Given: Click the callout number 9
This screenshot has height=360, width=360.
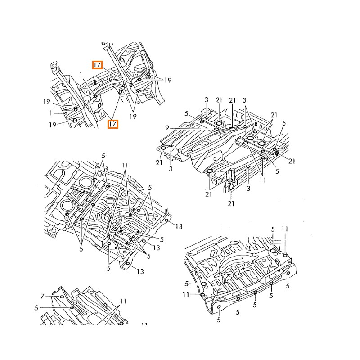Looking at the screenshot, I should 167,128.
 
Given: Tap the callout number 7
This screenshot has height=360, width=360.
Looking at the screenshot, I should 43,296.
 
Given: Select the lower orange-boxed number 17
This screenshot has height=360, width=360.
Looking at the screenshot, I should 112,123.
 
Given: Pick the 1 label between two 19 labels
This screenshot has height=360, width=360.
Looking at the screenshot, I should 51,113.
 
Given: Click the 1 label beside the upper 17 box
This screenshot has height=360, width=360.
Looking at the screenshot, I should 81,74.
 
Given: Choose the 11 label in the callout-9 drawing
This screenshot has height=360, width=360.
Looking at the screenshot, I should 263,180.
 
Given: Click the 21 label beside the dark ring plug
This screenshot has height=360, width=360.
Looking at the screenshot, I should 292,161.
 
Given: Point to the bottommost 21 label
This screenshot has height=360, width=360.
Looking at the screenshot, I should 231,203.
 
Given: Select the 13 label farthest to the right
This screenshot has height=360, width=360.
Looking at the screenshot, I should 179,226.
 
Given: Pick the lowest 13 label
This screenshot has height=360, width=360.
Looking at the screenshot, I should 140,271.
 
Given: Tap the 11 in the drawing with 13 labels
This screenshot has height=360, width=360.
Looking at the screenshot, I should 125,166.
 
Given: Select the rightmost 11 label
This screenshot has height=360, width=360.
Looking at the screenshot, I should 284,229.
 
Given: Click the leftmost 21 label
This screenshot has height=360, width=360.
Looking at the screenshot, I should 159,162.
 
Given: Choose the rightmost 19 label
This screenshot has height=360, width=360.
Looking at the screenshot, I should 167,80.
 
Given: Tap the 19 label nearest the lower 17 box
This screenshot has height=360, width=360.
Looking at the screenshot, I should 133,116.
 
